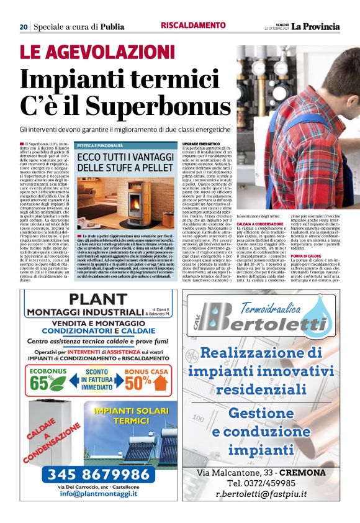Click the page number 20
[x=24, y=27]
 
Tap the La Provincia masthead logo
[x=317, y=26]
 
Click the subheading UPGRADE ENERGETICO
[x=200, y=143]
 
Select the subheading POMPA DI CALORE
[x=307, y=256]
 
